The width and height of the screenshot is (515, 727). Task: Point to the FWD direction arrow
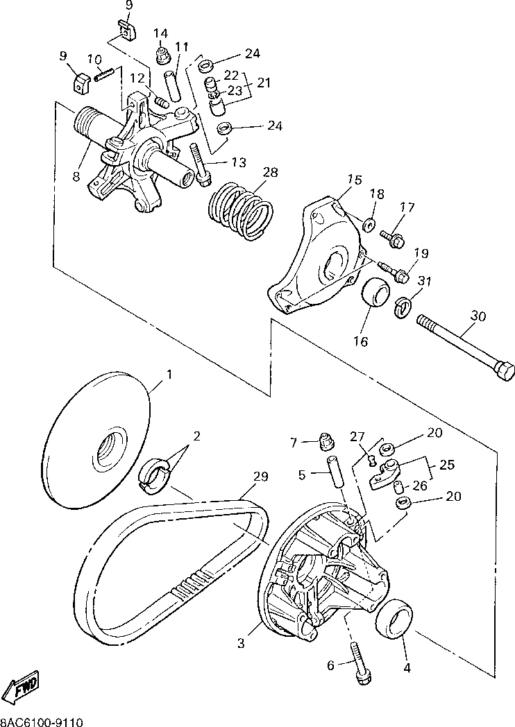pyautogui.click(x=19, y=687)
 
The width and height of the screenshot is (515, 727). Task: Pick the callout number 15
pyautogui.click(x=355, y=179)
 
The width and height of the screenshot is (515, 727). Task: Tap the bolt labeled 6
pyautogui.click(x=360, y=665)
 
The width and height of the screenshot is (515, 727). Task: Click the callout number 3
pyautogui.click(x=241, y=643)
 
